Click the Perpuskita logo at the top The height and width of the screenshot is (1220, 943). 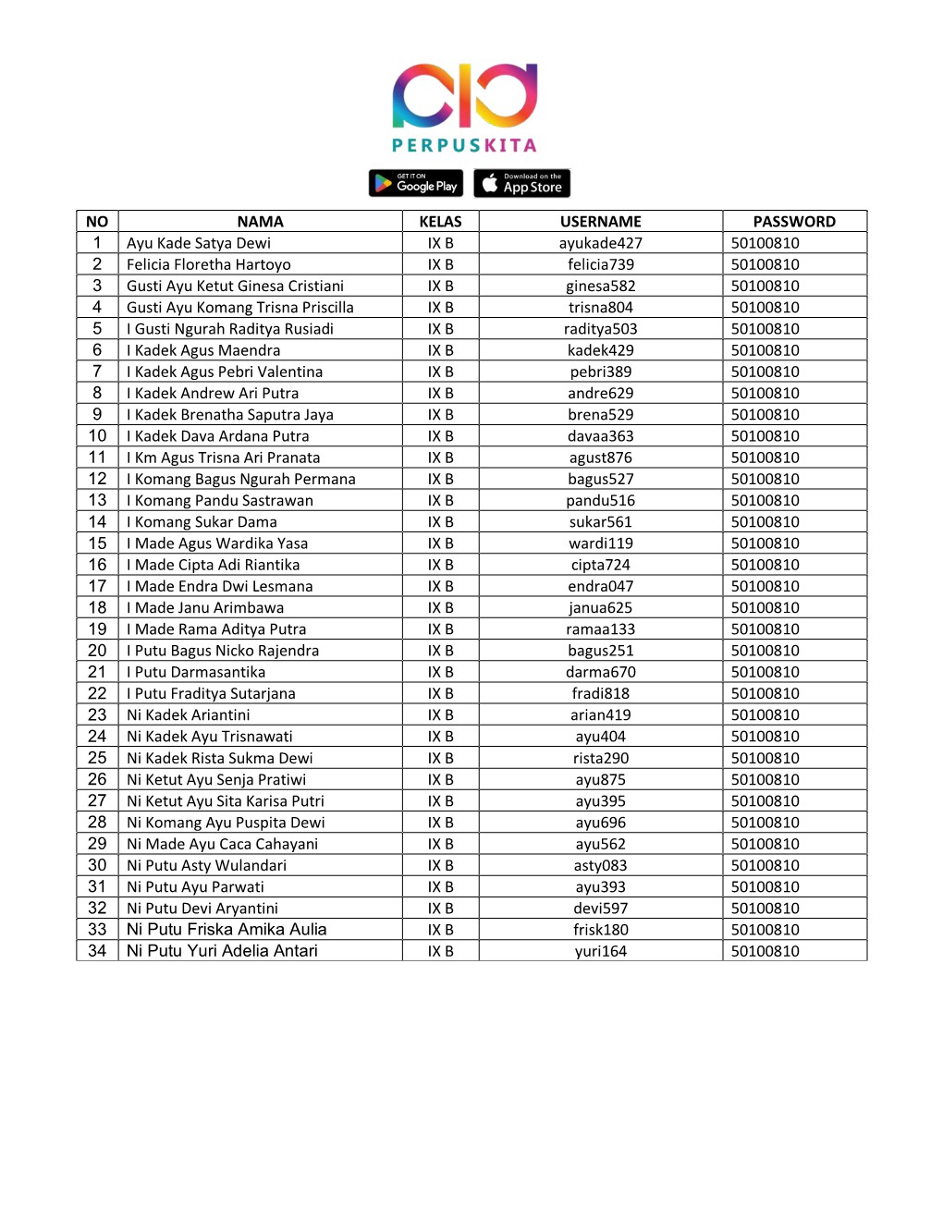click(464, 106)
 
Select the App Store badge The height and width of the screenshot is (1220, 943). click(521, 183)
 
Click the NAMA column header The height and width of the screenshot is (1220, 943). click(260, 222)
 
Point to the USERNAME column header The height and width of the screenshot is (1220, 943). click(600, 222)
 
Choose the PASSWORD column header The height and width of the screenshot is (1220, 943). click(793, 222)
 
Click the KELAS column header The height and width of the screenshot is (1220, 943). click(440, 222)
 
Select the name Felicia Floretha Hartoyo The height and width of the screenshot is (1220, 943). click(209, 264)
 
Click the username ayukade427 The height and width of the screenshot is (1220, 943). click(600, 243)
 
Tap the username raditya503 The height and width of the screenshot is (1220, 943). click(600, 329)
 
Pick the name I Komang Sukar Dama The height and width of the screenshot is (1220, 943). click(202, 522)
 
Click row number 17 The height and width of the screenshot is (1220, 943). click(97, 586)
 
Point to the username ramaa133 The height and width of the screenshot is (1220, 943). click(600, 629)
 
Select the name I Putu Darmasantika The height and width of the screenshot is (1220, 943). click(196, 672)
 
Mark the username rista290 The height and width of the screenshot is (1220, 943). click(600, 758)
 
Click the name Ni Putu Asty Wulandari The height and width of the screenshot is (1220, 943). click(206, 865)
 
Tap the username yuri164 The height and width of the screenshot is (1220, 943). click(600, 951)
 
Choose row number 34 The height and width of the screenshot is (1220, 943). click(97, 951)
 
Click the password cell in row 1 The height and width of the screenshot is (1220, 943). click(765, 243)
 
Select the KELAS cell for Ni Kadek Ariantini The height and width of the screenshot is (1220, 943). click(440, 715)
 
